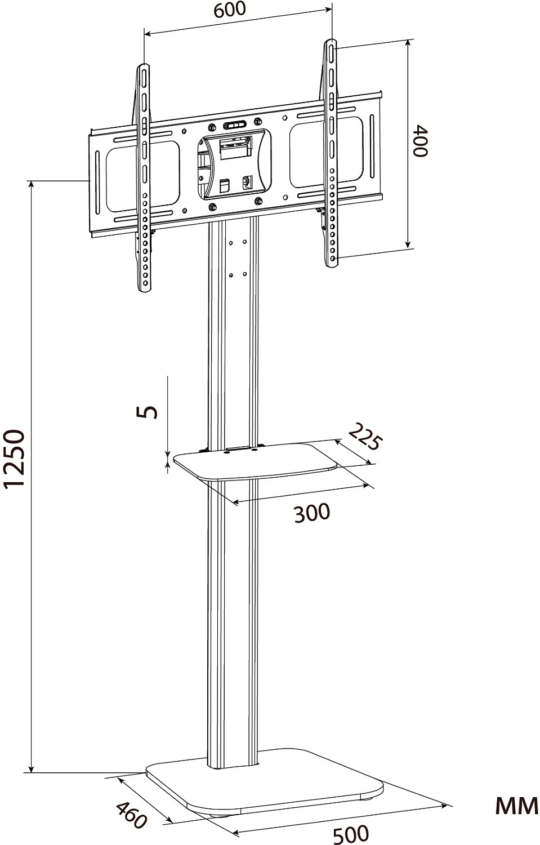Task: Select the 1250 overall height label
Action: point(15,459)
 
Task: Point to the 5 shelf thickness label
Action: point(148,412)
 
